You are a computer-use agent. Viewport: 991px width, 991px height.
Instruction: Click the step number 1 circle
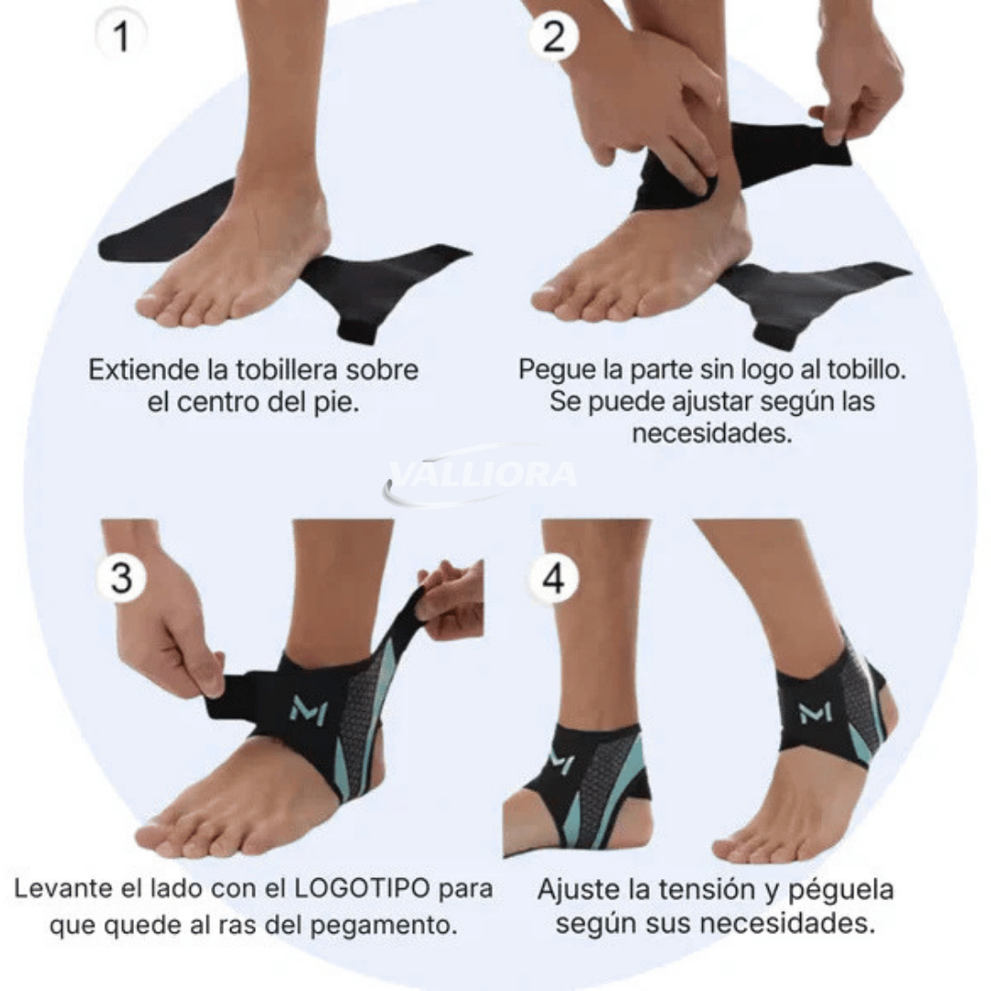(x=121, y=36)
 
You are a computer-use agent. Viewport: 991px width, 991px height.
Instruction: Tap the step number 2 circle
(x=553, y=36)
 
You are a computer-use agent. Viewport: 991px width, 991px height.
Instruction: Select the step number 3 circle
(x=122, y=577)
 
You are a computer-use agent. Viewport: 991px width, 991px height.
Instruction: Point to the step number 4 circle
(x=553, y=578)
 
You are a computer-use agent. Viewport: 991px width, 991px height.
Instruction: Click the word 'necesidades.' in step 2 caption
(x=712, y=433)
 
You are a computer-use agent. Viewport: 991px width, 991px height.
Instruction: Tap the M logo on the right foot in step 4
(x=815, y=712)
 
